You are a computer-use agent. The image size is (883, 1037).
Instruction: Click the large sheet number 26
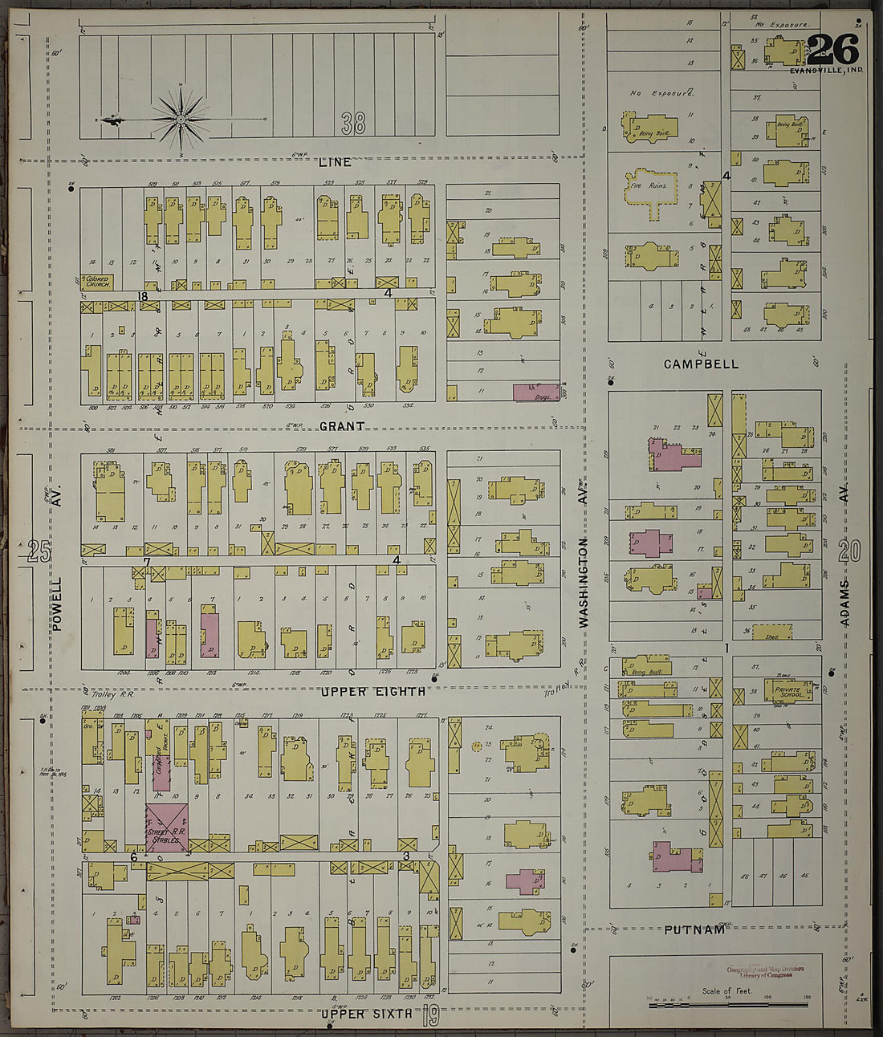[x=832, y=50]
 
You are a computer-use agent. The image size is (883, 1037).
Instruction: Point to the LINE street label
[x=335, y=162]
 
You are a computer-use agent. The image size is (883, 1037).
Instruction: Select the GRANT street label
[x=342, y=426]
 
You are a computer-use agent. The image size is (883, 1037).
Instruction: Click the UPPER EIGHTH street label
[x=373, y=691]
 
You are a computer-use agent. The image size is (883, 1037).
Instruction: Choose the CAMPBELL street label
[x=701, y=364]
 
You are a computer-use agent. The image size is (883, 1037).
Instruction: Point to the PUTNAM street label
[x=694, y=929]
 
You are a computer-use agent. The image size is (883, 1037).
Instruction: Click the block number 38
[x=352, y=123]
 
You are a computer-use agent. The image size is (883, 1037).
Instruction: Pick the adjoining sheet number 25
[x=39, y=551]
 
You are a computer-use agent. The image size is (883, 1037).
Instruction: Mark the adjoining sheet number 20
[x=849, y=551]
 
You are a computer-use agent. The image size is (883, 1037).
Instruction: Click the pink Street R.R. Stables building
[x=167, y=827]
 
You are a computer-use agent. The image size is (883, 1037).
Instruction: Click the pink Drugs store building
[x=535, y=392]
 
